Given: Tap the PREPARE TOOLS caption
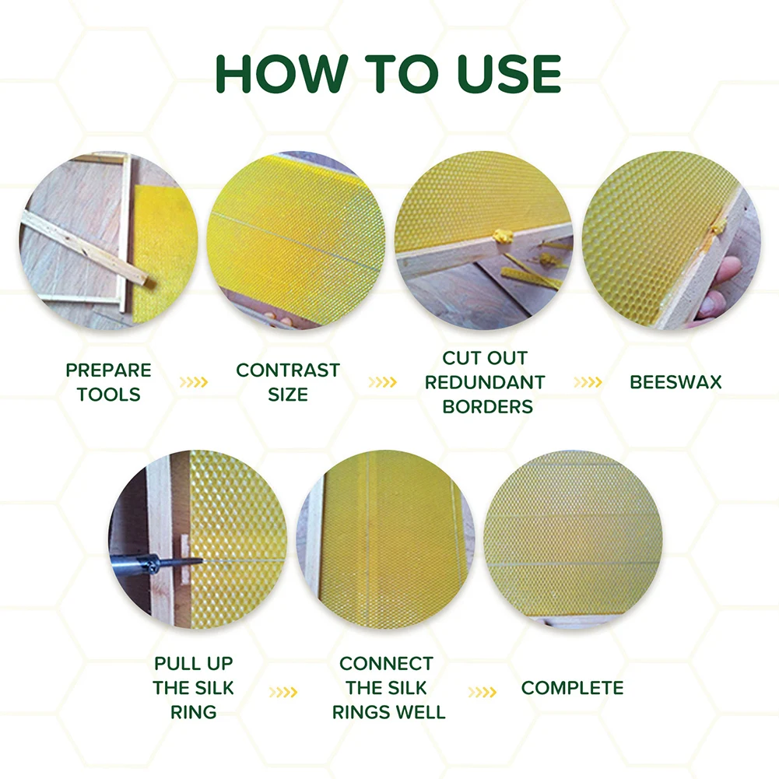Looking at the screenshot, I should point(108,382).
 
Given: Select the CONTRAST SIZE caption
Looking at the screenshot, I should point(288,382).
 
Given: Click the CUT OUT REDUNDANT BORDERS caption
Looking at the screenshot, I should point(484,382).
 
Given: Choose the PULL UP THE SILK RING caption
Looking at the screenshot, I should point(193,688).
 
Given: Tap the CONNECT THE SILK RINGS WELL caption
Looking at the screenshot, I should point(387,688).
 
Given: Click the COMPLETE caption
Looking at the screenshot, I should point(572,688).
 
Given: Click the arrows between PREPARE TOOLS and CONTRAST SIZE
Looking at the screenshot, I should point(194,382).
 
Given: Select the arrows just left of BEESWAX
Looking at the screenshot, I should point(588,382).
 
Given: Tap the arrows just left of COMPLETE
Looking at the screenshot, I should point(482,691).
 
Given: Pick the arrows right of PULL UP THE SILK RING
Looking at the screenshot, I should point(283,691).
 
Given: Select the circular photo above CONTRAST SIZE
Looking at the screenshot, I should point(296,240).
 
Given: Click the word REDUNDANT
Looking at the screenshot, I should point(484,382).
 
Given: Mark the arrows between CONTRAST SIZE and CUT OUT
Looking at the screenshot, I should point(382,382).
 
